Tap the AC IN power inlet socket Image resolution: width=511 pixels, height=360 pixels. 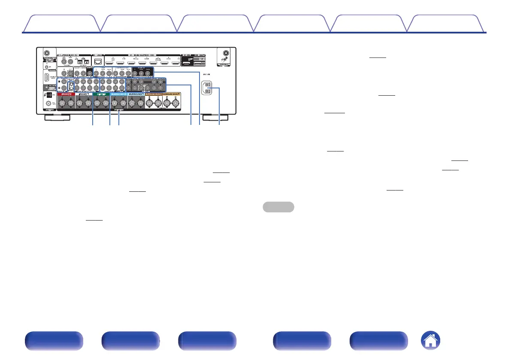[x=207, y=88]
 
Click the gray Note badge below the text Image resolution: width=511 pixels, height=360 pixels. [x=278, y=206]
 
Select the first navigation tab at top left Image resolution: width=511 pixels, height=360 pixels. [x=61, y=24]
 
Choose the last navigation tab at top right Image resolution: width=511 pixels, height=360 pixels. [x=442, y=24]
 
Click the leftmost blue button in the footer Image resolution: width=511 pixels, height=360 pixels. [x=54, y=342]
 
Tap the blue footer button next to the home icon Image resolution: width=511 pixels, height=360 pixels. [x=379, y=342]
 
